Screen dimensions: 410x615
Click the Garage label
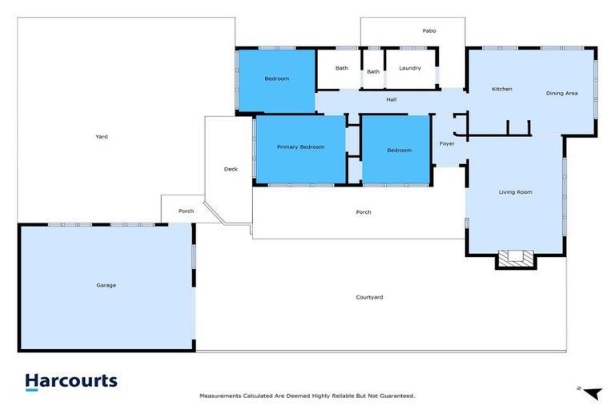[x=107, y=285]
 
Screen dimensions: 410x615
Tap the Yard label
[x=102, y=137]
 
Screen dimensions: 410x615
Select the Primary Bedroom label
[x=300, y=147]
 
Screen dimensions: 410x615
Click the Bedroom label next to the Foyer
[x=399, y=151]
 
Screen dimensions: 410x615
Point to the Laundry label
[x=410, y=68]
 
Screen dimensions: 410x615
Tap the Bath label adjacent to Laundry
[x=373, y=72]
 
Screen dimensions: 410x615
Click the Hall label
[x=392, y=100]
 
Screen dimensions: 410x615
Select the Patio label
[x=429, y=31]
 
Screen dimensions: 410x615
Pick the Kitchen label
[x=502, y=89]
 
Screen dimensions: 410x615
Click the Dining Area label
[x=562, y=94]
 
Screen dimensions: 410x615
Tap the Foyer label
[x=447, y=144]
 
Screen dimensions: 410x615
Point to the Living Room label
[x=516, y=192]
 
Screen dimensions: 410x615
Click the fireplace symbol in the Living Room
[x=516, y=258]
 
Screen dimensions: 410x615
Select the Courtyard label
[x=369, y=297]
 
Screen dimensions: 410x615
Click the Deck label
[x=231, y=169]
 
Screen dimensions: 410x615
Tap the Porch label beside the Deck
[x=186, y=211]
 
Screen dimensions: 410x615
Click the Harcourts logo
[x=70, y=382]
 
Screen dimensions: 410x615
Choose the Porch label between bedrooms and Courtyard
[x=363, y=212]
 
